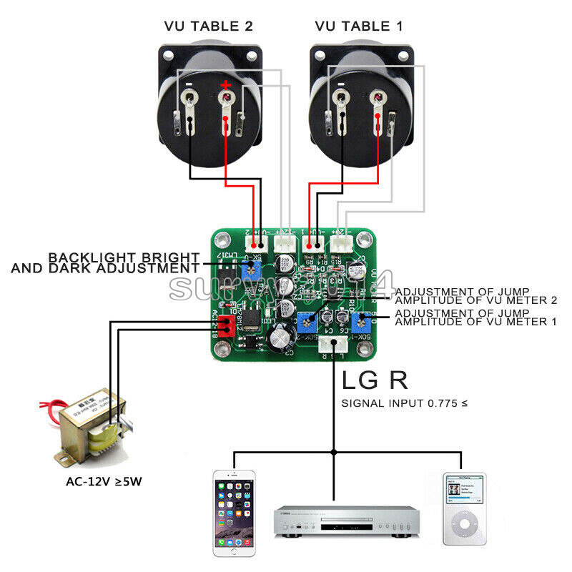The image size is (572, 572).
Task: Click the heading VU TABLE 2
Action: tap(208, 26)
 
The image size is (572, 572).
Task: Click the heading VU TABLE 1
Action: tap(359, 26)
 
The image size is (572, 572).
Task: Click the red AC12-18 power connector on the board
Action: tap(227, 325)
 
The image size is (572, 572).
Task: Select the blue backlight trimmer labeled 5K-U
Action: tap(250, 270)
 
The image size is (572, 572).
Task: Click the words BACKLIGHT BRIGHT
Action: tap(123, 257)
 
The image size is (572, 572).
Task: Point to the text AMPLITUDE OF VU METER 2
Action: tap(475, 300)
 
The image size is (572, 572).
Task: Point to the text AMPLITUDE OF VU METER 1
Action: tap(475, 322)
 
